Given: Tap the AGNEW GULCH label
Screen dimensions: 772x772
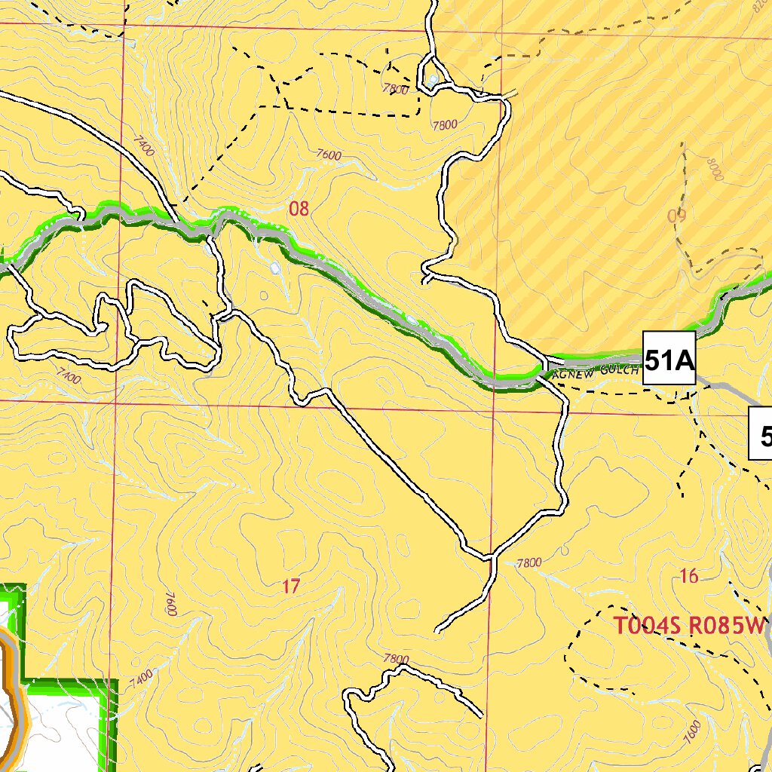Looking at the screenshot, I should (x=596, y=371).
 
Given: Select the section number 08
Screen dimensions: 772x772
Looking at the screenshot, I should (x=299, y=209).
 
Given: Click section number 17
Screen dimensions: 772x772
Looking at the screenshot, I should (x=291, y=586).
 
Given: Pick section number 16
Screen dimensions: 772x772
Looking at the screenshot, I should (x=688, y=577).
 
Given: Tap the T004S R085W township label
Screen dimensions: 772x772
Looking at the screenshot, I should (x=688, y=626).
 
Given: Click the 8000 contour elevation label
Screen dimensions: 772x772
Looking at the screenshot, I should (x=715, y=169).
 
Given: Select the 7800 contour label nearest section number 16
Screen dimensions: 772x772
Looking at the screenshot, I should (x=529, y=562).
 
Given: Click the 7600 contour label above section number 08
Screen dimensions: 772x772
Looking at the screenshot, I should (x=329, y=155).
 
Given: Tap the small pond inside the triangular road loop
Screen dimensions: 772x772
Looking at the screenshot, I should (x=433, y=78).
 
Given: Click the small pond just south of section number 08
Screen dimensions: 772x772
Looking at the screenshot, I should (x=275, y=268).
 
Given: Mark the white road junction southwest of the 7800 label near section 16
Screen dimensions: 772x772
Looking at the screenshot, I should (x=491, y=559).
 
